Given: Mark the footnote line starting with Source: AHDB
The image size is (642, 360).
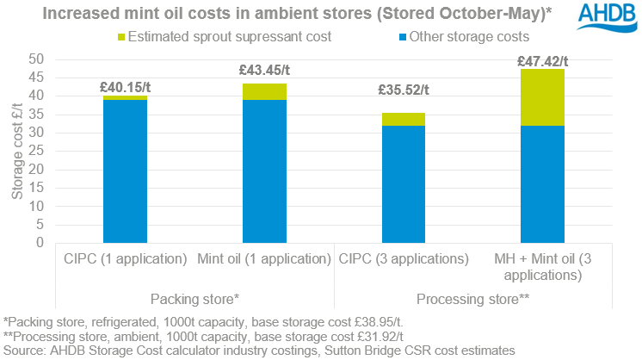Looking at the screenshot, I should pos(258,351).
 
